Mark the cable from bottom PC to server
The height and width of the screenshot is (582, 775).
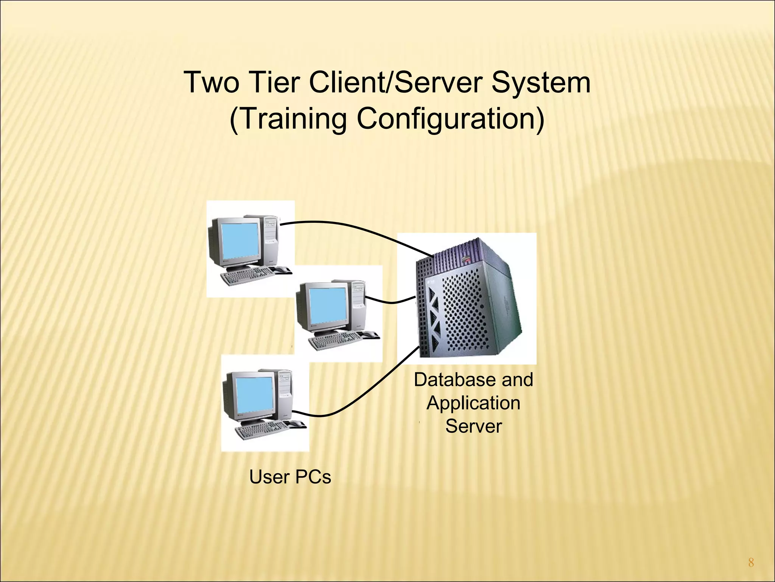pos(363,394)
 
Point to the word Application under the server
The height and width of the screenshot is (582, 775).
pos(473,403)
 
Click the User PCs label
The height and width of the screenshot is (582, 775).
pos(290,477)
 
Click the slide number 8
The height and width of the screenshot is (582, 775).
pos(751,563)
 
